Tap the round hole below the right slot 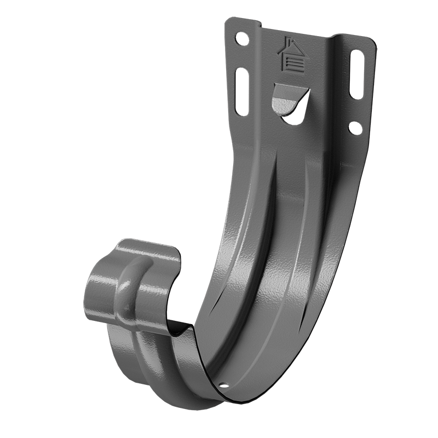[x=354, y=128]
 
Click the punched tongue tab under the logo [x=289, y=99]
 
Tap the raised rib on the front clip [x=130, y=279]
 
